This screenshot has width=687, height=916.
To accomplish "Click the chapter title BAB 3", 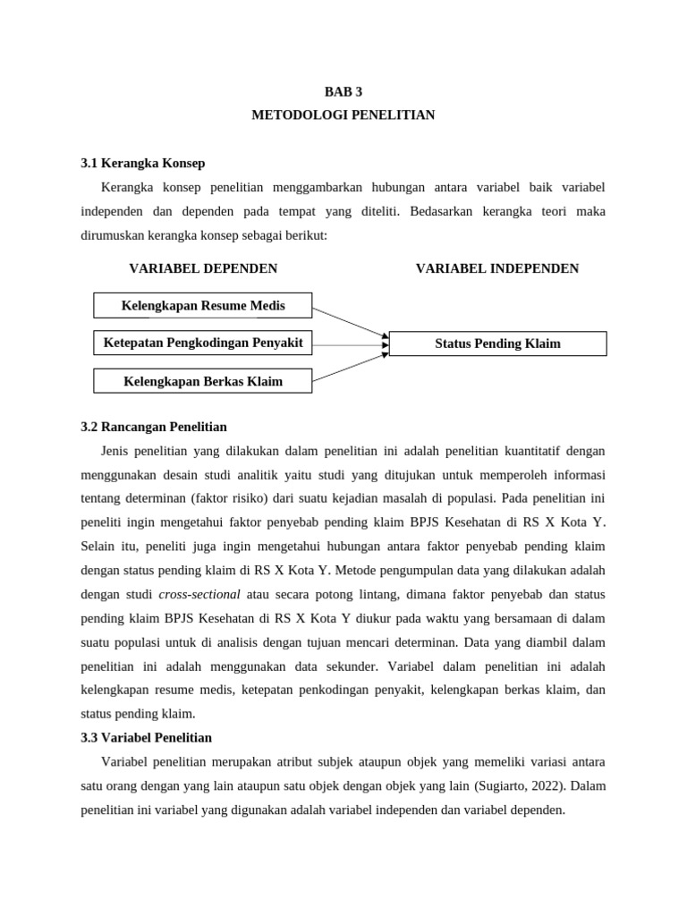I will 343,91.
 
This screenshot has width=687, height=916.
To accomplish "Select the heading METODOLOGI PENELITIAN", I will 343,115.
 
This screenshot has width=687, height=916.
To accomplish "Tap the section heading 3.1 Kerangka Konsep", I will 143,163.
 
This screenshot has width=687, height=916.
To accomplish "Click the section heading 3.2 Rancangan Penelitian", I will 154,427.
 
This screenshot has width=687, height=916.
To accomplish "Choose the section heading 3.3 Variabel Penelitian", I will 147,738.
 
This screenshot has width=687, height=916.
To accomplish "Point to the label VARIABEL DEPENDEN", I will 203,268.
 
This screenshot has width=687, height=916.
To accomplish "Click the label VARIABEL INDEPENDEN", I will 497,268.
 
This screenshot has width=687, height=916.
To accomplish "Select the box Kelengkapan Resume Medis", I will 203,306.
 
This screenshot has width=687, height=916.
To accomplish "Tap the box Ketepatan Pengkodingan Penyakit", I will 203,343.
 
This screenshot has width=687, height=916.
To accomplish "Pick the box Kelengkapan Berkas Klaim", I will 203,381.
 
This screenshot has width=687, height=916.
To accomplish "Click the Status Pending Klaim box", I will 497,343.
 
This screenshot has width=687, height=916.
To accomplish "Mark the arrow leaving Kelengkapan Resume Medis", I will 350,323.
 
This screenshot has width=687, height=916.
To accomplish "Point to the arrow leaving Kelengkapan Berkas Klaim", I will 350,366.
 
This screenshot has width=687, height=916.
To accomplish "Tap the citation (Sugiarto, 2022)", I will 521,786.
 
